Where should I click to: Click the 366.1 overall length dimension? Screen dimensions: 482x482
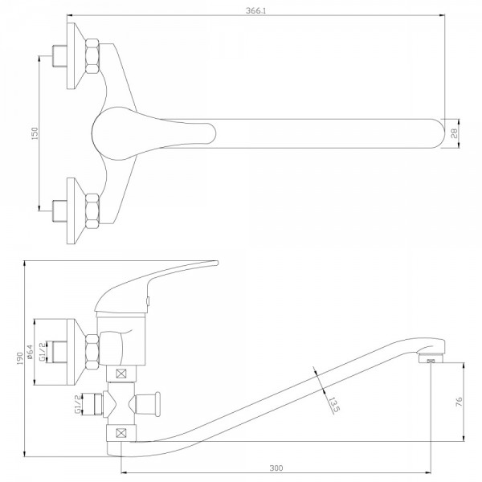pos(255,10)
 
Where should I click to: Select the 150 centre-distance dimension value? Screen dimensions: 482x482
pos(35,133)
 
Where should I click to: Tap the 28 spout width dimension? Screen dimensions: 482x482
pos(455,133)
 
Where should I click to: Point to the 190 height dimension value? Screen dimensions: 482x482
pos(19,358)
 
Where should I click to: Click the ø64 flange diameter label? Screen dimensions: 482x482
pos(30,352)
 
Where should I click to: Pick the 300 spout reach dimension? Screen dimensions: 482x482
pos(276,468)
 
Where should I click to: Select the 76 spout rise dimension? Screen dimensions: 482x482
pos(459,402)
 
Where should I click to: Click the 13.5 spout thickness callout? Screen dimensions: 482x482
pos(334,405)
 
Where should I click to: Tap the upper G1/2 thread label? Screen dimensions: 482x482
pos(43,351)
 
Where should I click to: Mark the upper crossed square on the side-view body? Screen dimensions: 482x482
pos(121,374)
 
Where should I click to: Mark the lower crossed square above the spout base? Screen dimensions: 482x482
pos(121,433)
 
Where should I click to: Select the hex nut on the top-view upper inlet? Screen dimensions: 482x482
pos(92,56)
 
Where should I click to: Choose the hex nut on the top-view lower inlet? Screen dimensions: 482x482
pos(92,211)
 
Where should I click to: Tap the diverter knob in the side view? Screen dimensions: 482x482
pos(148,404)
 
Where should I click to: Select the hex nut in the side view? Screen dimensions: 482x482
pos(92,352)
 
